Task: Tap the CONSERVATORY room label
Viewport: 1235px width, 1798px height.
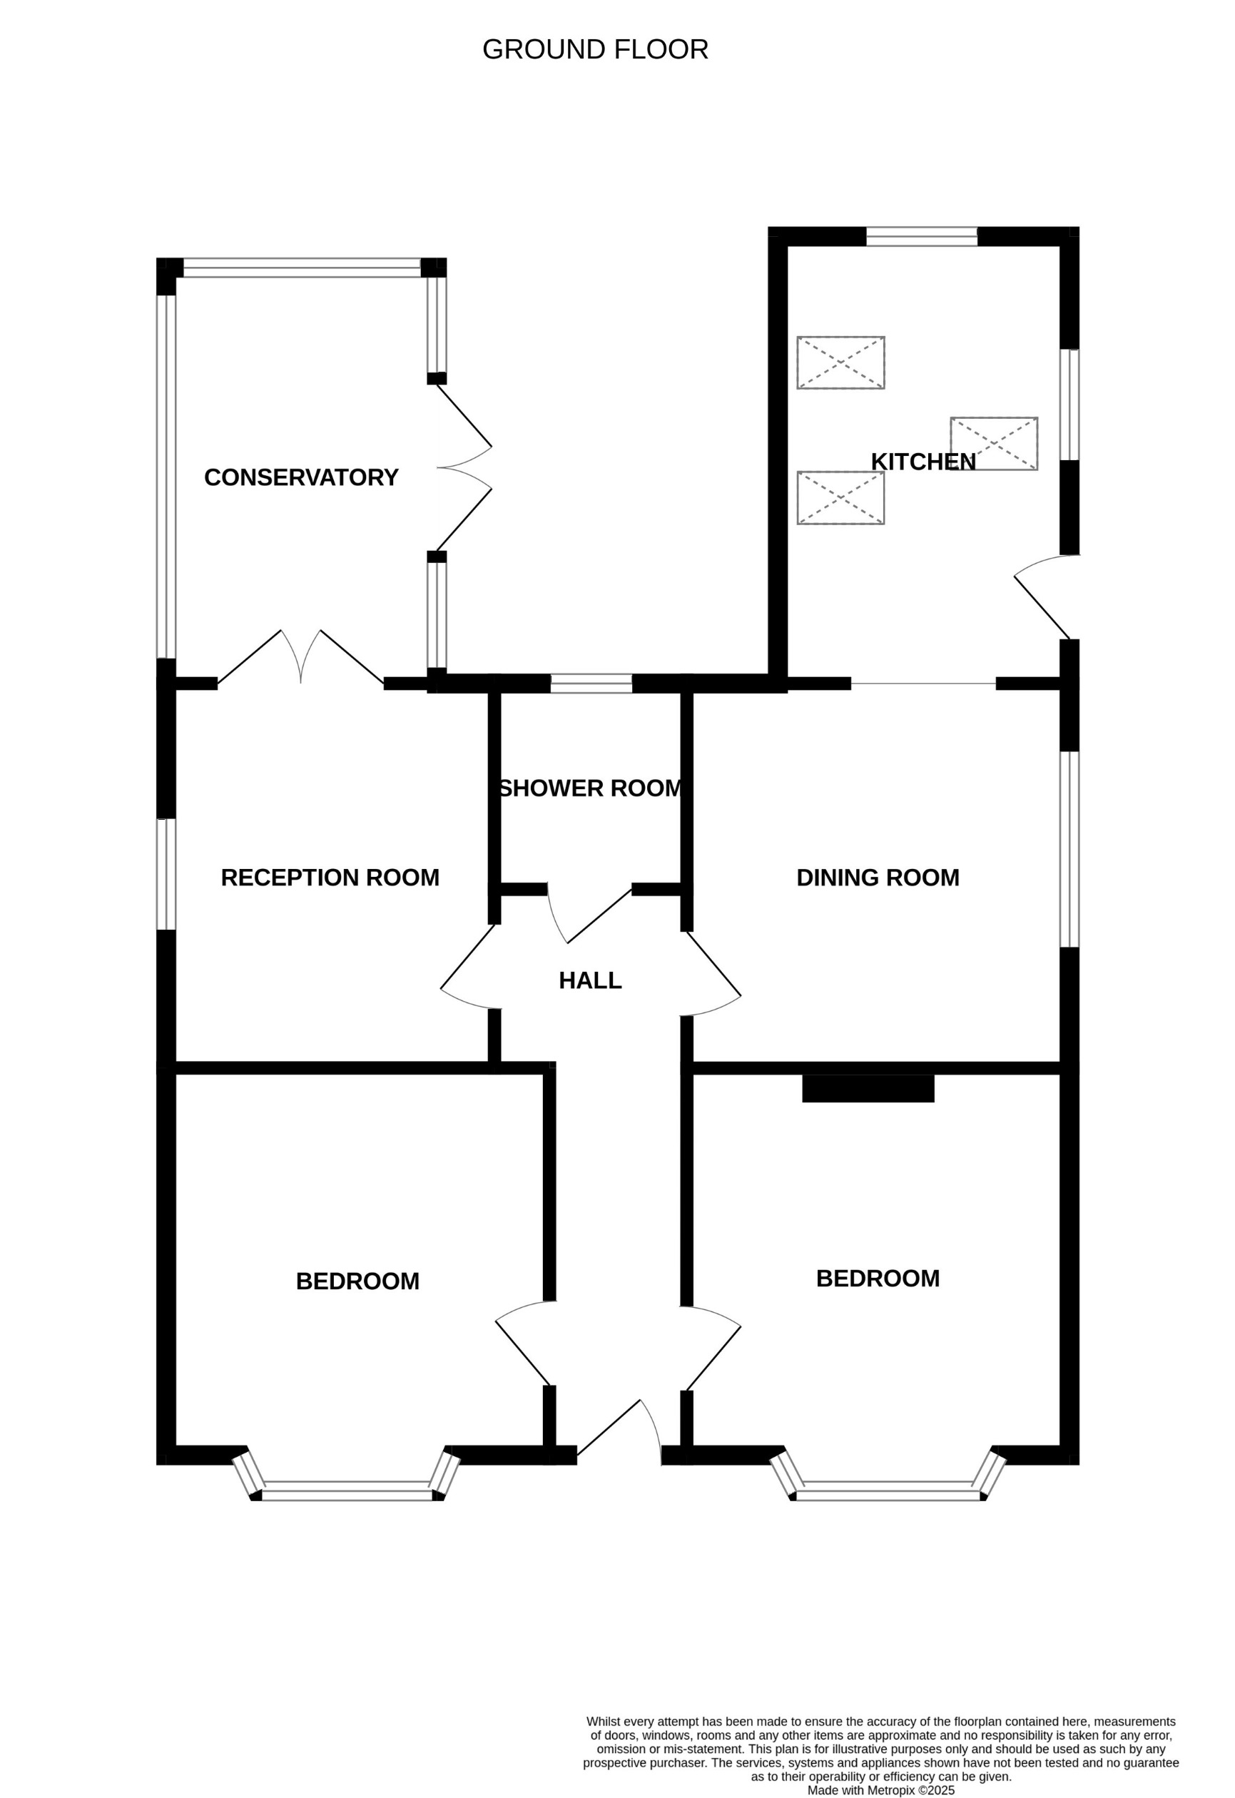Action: (x=301, y=477)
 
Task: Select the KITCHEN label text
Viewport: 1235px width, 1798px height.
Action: (x=923, y=462)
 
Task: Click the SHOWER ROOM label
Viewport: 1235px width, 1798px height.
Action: (x=591, y=788)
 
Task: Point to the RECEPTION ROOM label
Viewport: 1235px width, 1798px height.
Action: (x=330, y=878)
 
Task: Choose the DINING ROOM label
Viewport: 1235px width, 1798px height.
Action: (x=878, y=878)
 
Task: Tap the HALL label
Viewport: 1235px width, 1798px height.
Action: (x=589, y=981)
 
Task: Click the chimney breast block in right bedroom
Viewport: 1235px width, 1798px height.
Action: (x=868, y=1089)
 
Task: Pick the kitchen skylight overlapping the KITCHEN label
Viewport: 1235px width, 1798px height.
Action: (x=994, y=444)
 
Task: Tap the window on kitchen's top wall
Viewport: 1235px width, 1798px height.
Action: (x=921, y=236)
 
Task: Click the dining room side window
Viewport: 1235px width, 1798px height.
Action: (x=1069, y=849)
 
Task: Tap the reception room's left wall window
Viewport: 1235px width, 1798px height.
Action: (x=166, y=873)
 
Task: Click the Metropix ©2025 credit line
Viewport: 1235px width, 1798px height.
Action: (x=880, y=1790)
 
